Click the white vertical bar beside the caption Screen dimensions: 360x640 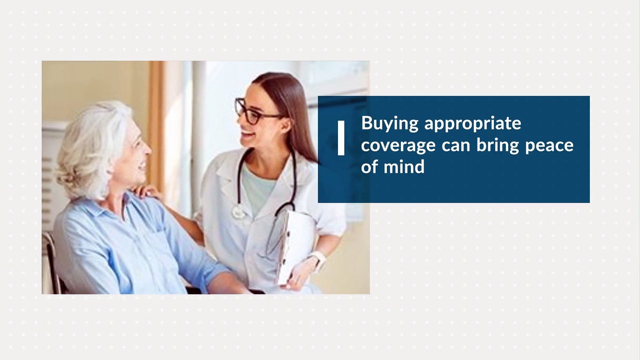pyautogui.click(x=341, y=138)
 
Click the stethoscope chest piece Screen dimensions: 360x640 pyautogui.click(x=239, y=212)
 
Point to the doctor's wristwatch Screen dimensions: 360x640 pyautogui.click(x=318, y=259)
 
